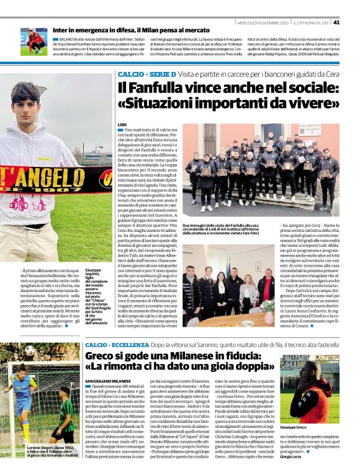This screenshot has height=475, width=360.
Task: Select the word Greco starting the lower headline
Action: tap(104, 357)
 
